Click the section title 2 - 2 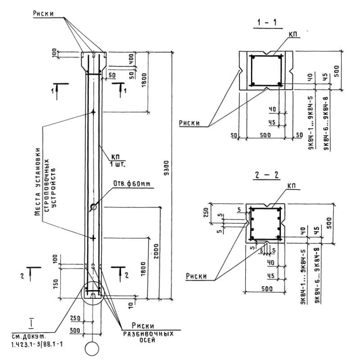pos(268,175)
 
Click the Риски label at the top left pos(43,13)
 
